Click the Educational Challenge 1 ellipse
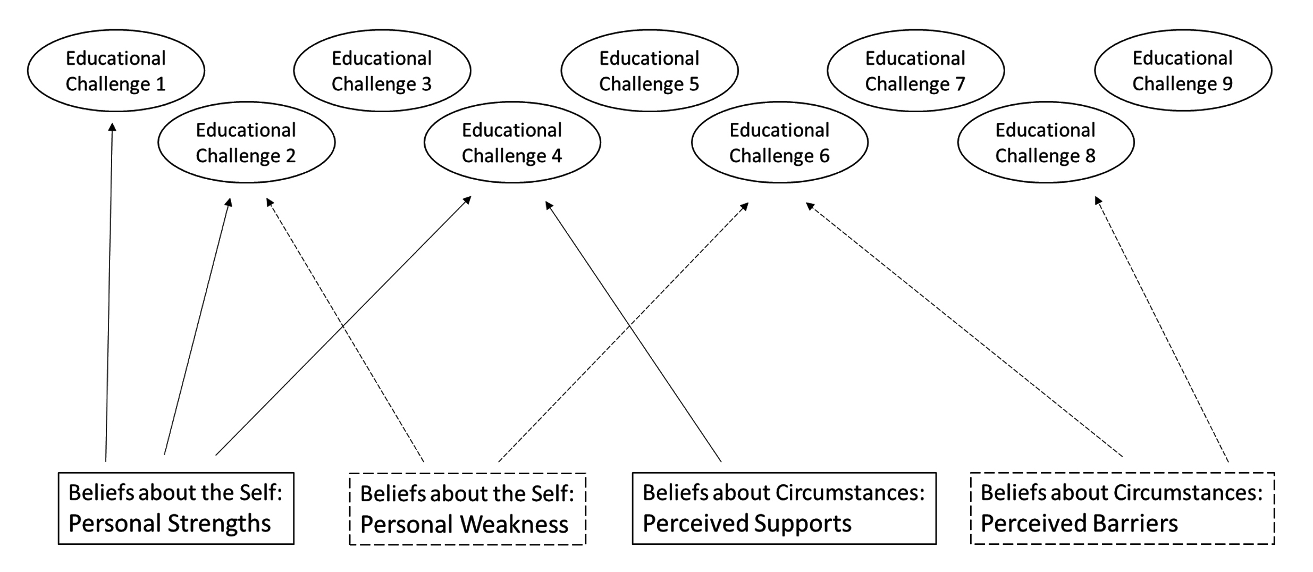116,71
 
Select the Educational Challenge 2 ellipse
246,142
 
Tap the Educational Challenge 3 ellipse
382,71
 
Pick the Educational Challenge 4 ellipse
512,142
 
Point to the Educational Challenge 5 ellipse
649,71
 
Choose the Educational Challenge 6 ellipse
779,142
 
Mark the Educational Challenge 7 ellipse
915,71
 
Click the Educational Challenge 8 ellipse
1046,142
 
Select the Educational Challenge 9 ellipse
1183,71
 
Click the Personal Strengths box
176,508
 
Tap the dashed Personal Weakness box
467,509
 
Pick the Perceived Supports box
784,508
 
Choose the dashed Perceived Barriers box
1122,508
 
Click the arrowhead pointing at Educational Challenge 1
112,127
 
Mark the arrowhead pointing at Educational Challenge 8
1098,201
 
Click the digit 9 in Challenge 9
1227,84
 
